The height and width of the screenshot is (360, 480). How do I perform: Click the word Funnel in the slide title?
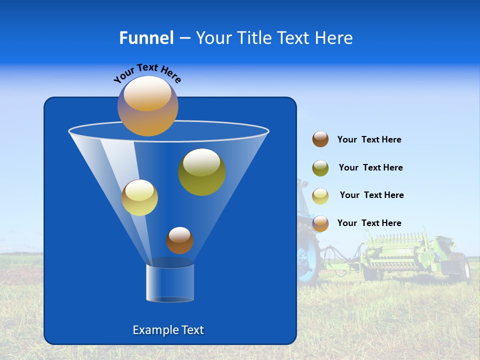pos(146,38)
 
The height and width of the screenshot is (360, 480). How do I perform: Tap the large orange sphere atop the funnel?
pos(147,106)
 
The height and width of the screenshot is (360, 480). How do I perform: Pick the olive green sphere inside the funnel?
pos(201,172)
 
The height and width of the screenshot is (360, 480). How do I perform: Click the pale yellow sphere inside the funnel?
pos(139,197)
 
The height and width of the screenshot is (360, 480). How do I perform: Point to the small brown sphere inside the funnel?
pos(179,240)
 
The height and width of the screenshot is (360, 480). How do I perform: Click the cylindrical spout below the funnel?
pos(170,282)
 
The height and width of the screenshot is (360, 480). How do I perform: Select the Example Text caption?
pos(168,330)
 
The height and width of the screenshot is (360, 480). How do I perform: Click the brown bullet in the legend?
pos(320,139)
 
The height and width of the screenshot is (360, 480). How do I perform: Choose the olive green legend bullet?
pos(320,168)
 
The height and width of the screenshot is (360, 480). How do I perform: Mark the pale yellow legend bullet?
pos(320,195)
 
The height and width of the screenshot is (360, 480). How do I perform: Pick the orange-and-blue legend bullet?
pos(320,223)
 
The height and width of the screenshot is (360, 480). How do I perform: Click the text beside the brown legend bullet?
pos(369,140)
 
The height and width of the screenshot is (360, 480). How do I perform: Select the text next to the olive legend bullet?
pos(370,168)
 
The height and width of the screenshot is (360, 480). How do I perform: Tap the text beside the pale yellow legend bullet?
pos(371,195)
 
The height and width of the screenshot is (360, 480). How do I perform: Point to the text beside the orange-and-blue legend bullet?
pos(369,223)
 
